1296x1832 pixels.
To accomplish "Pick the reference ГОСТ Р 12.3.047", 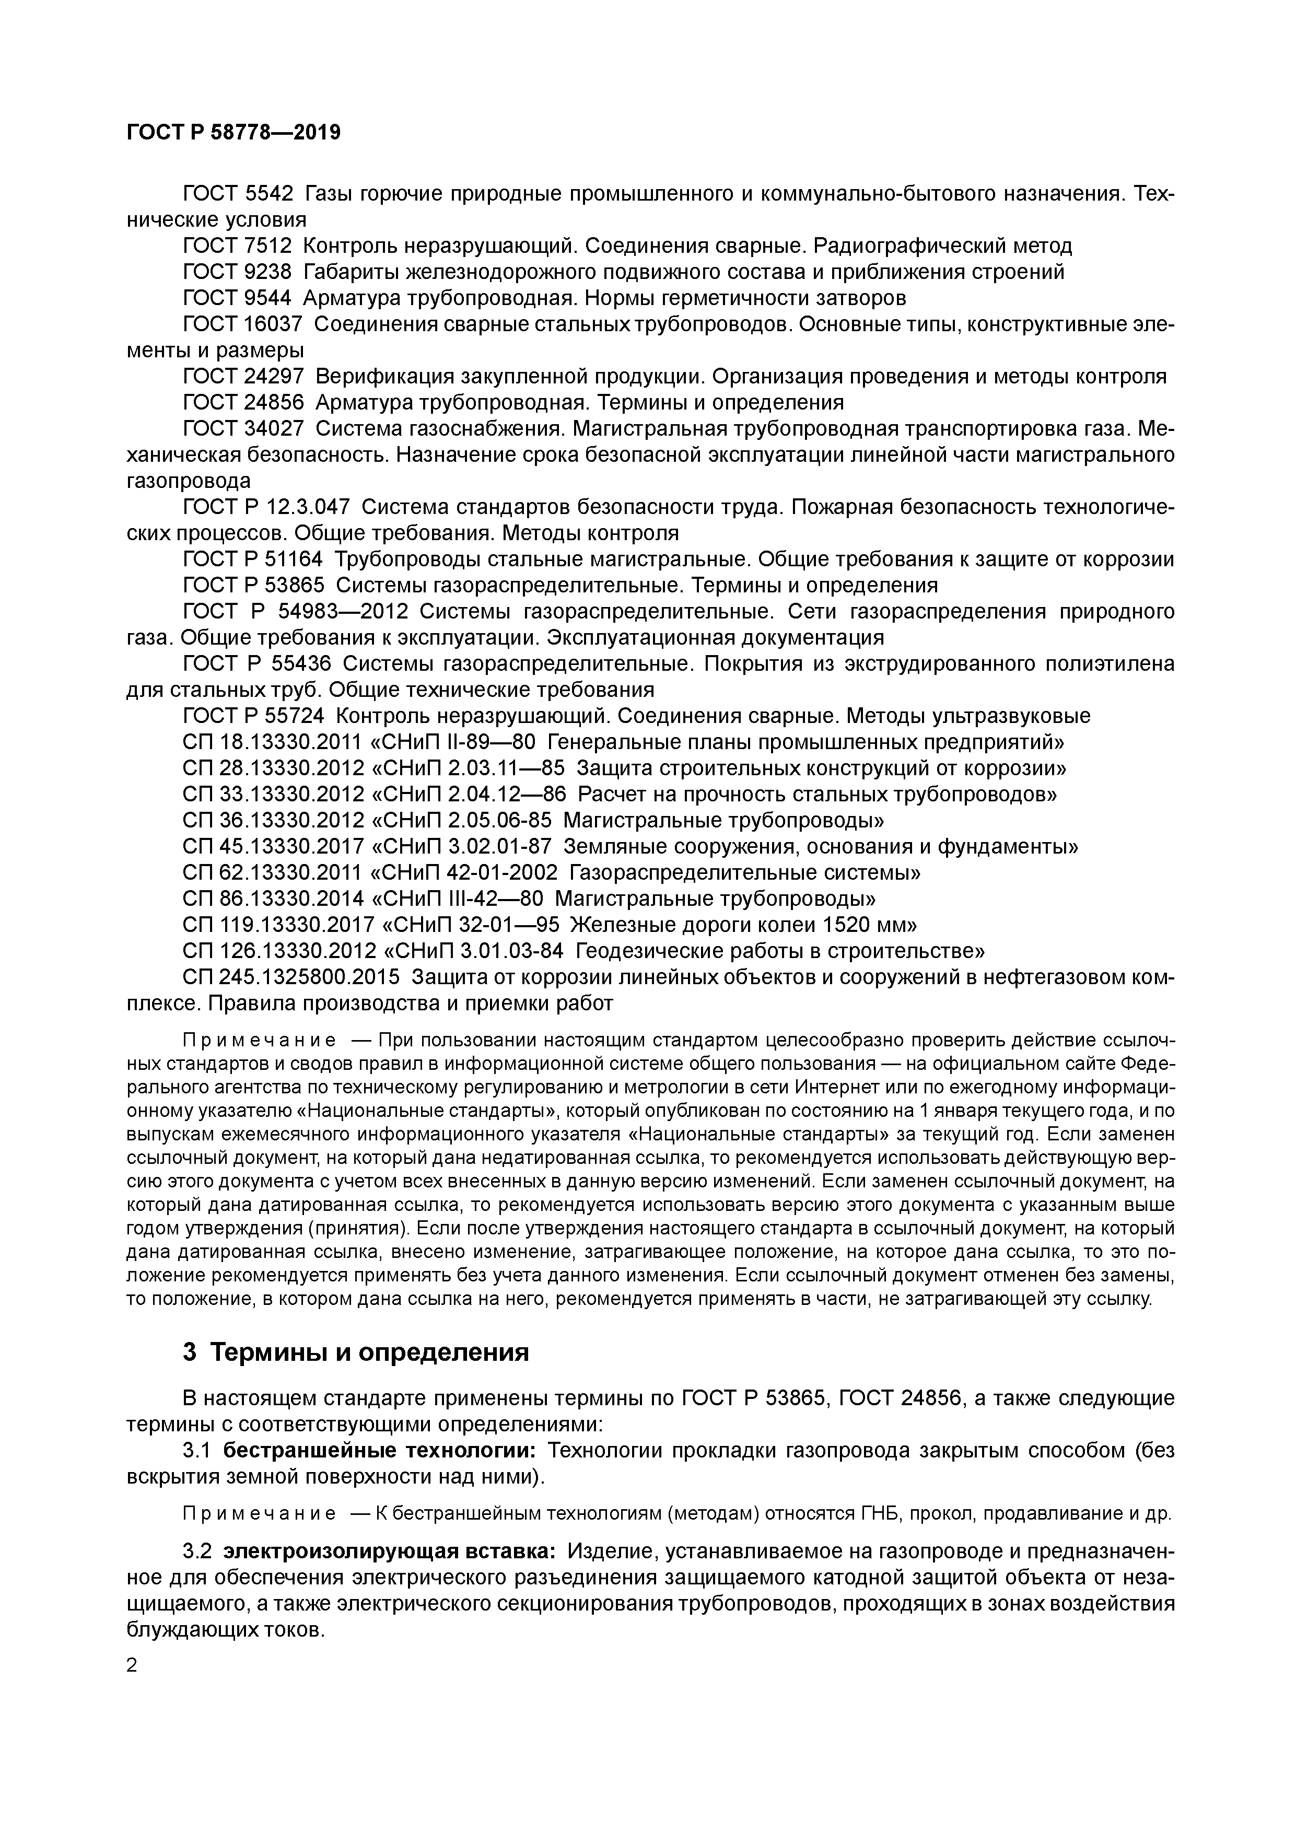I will pyautogui.click(x=266, y=507).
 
